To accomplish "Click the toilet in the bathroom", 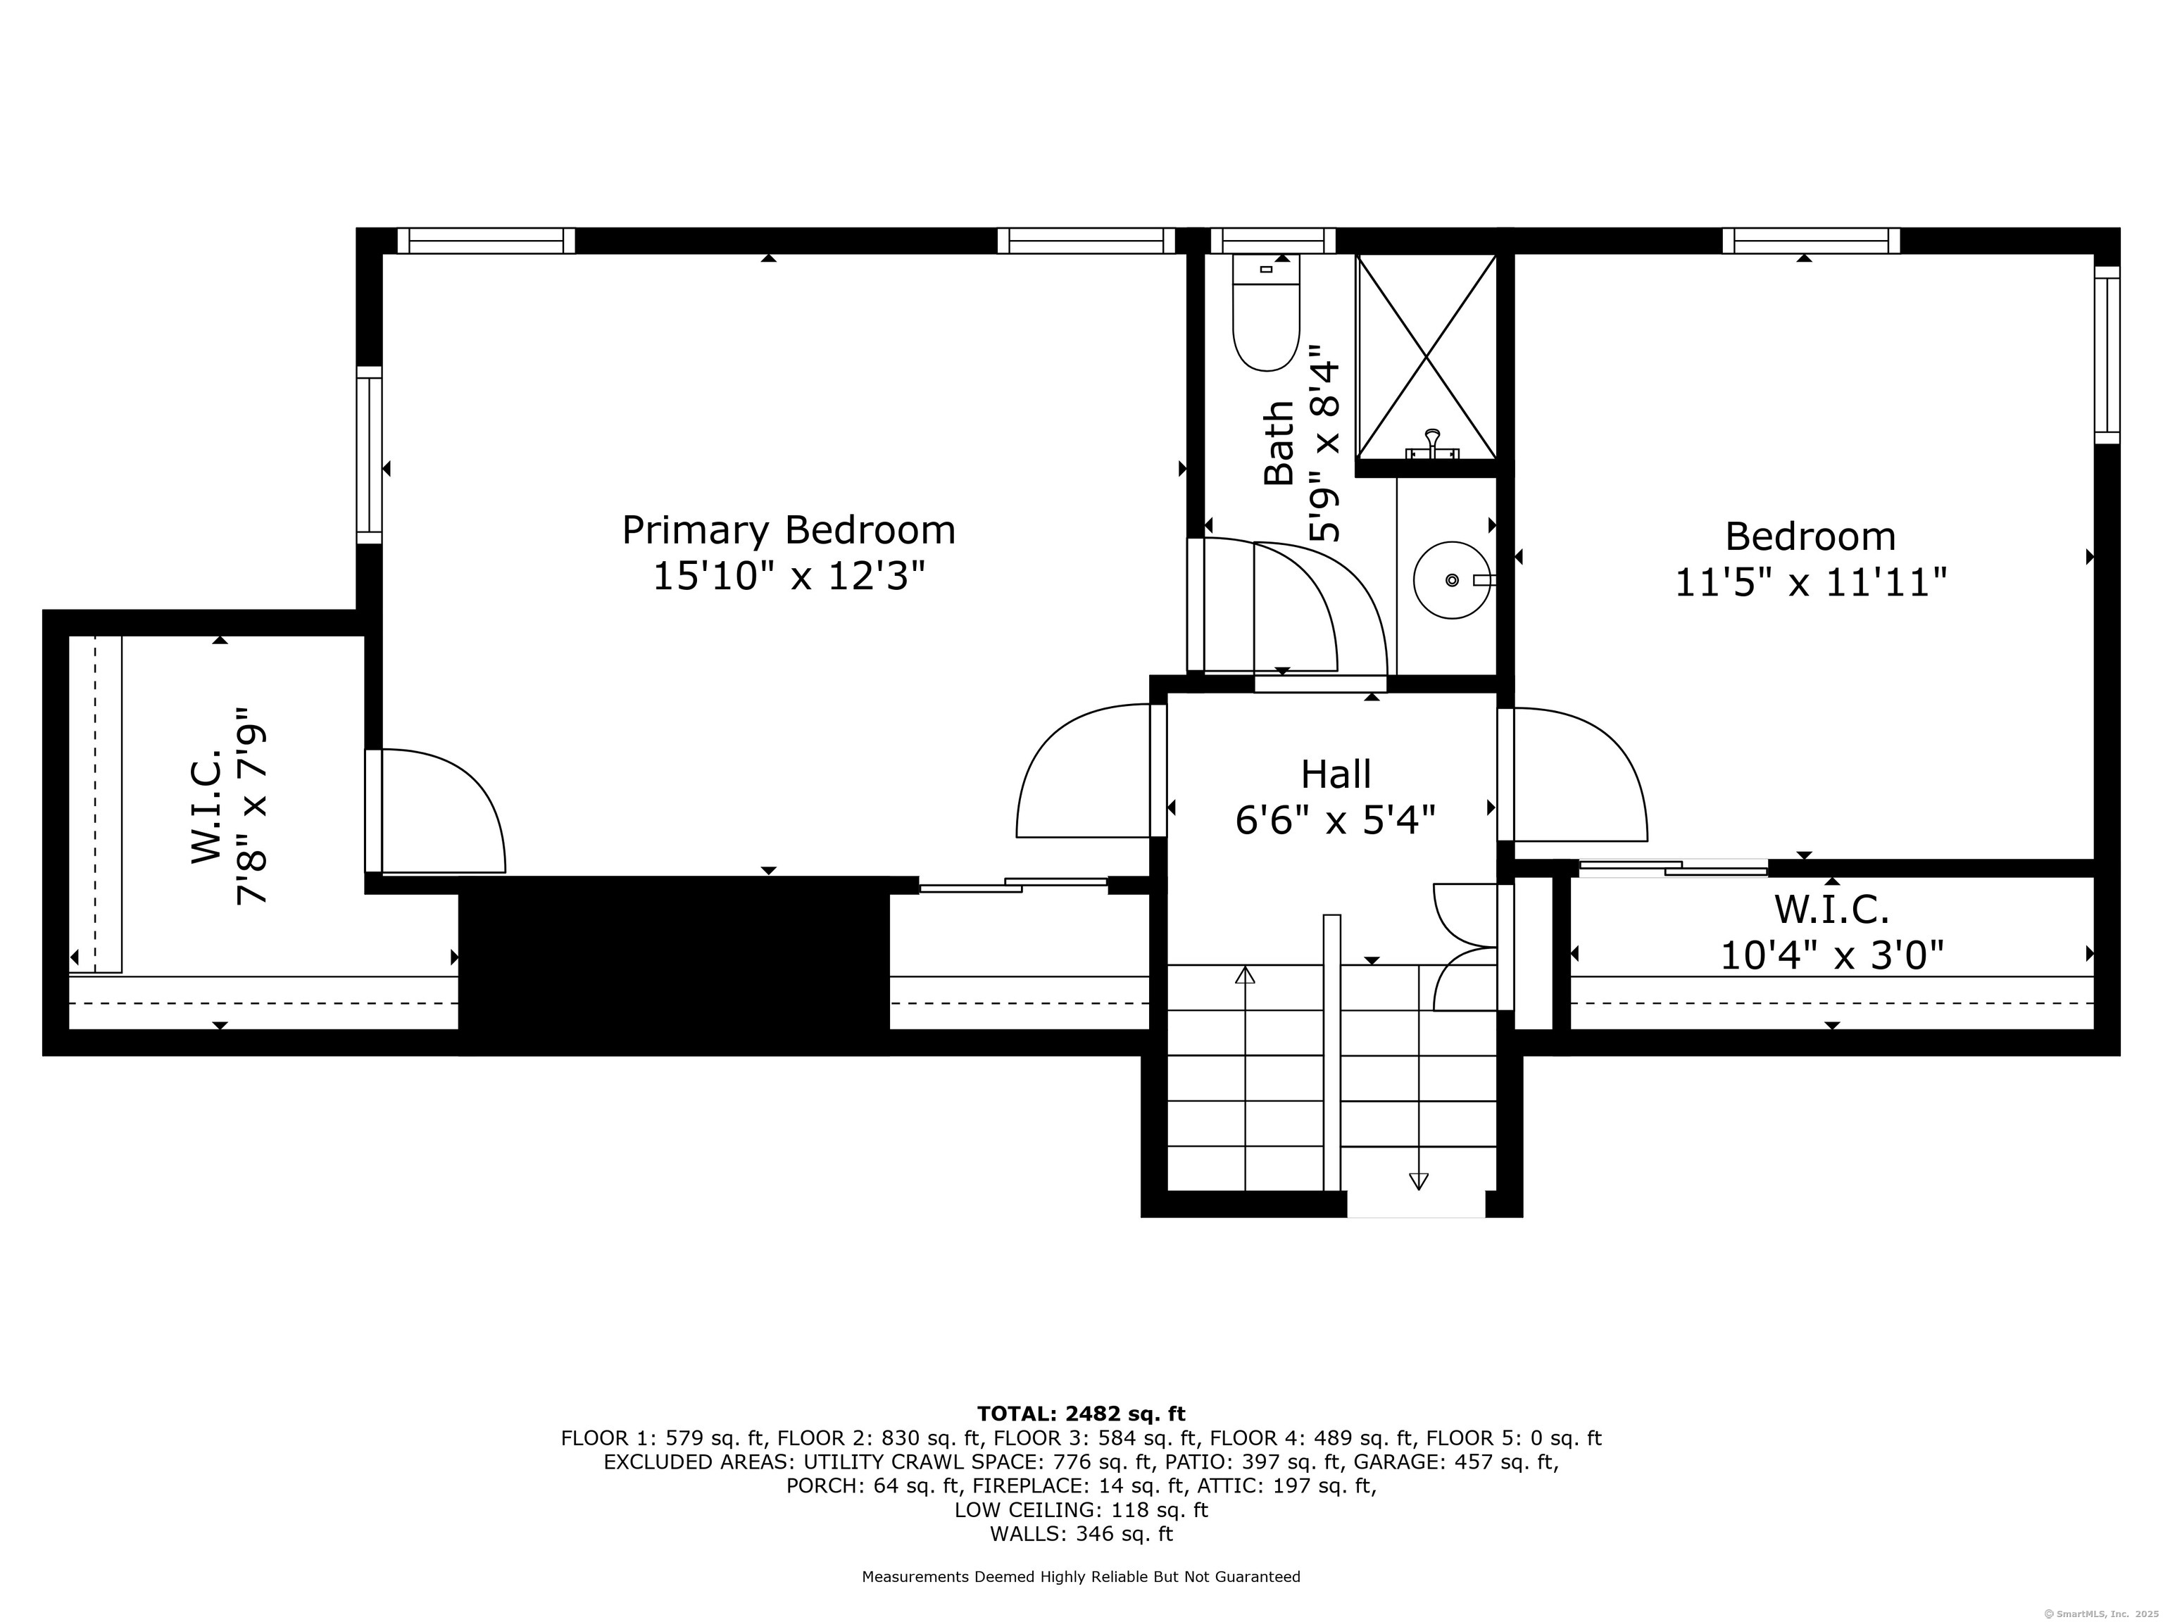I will click(x=1265, y=313).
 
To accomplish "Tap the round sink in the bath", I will click(x=1452, y=580).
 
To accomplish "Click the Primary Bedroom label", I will click(x=788, y=531).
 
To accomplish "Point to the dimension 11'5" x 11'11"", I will click(x=1811, y=584).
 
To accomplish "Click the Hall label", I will click(x=1335, y=774).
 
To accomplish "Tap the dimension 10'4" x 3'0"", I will click(x=1831, y=955).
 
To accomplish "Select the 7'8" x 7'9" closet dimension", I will click(x=252, y=807).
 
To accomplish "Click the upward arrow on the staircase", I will click(x=1245, y=975).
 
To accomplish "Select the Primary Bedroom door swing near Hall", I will click(x=1084, y=772).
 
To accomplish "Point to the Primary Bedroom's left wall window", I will click(x=369, y=455).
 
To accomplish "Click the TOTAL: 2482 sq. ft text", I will click(x=1081, y=1414).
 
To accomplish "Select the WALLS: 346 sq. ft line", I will click(x=1081, y=1533).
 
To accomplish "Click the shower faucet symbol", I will click(x=1433, y=445).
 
